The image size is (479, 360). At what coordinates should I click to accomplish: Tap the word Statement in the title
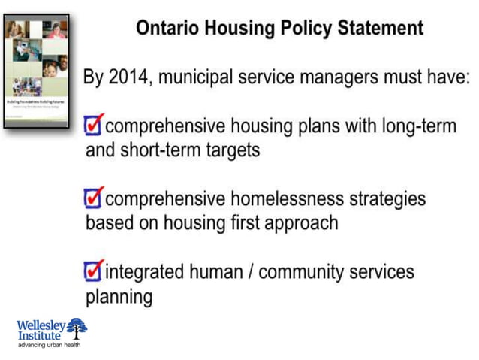pos(381,29)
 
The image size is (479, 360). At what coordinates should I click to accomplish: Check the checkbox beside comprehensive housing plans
pos(93,125)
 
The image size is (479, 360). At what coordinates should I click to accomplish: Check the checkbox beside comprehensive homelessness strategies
pos(93,198)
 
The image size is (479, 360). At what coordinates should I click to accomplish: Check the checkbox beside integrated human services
pos(93,269)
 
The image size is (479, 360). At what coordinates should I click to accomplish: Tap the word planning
pos(119,295)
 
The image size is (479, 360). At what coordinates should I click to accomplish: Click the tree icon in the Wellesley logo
pos(77,328)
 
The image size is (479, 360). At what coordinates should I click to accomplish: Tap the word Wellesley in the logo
pos(41,325)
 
